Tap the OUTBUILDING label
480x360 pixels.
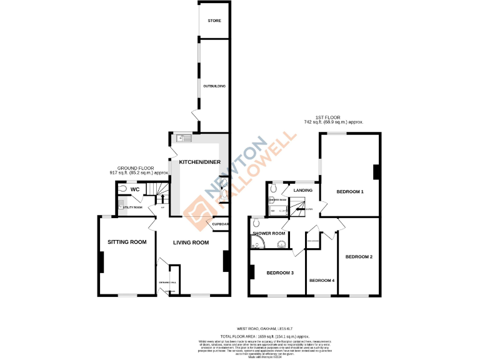coord(214,86)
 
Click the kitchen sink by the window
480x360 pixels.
coord(182,138)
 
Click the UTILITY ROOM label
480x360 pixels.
coord(133,207)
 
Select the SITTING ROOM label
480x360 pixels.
coord(127,242)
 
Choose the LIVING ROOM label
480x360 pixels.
coord(191,242)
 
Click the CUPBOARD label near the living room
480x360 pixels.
coord(221,224)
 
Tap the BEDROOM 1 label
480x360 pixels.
coord(350,191)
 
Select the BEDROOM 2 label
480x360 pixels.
coord(359,257)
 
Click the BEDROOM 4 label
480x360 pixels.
coord(322,280)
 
